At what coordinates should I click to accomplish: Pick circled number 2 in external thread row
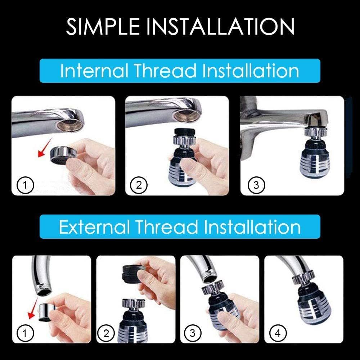pos(106,333)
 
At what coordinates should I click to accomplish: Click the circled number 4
pos(277,333)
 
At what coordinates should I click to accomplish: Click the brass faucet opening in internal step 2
pos(185,116)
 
